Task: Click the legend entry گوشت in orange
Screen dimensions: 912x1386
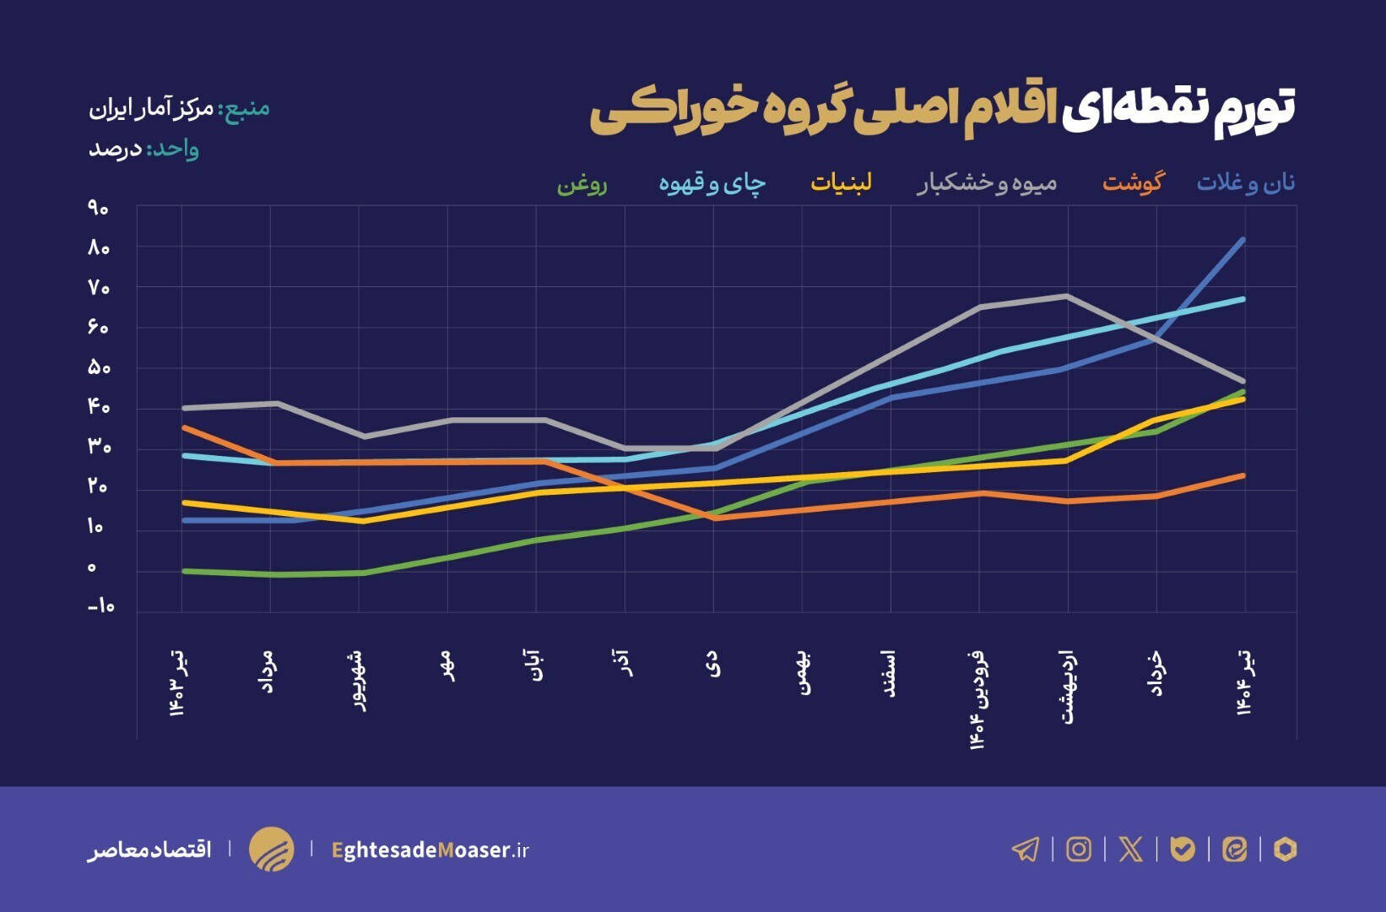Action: [x=1132, y=182]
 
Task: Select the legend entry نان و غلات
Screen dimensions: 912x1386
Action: [x=1245, y=182]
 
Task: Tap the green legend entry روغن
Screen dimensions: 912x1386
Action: [x=582, y=183]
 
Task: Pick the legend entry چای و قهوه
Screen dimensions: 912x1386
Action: [x=712, y=183]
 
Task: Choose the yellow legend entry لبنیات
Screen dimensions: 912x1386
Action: [x=841, y=182]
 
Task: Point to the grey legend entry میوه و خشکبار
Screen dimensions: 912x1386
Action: [x=986, y=183]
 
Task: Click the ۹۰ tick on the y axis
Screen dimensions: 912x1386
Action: [x=98, y=208]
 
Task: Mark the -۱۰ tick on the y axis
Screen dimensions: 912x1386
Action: [x=100, y=606]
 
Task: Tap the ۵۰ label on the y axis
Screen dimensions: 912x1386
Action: [x=98, y=367]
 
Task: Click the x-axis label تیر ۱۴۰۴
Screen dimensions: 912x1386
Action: [x=1244, y=682]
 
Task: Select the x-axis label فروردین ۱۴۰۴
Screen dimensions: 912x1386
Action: [x=978, y=699]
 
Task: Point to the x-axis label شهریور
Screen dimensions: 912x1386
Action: [x=359, y=681]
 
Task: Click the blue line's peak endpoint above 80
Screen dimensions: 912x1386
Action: [x=1243, y=240]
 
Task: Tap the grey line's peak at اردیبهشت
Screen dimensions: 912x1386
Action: [x=1067, y=296]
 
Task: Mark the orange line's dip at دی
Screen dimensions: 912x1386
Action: [x=715, y=518]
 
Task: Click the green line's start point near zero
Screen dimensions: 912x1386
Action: [x=184, y=572]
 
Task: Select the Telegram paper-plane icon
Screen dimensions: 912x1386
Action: [x=1026, y=849]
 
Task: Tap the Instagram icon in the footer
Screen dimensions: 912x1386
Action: [x=1078, y=849]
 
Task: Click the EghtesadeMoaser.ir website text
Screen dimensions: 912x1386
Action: [x=430, y=850]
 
